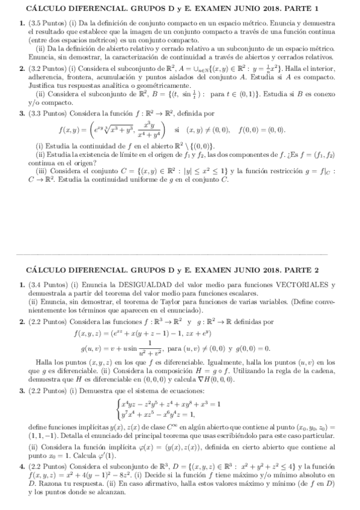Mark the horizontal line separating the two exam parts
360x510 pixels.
(180, 253)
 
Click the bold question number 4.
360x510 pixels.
(21, 466)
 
